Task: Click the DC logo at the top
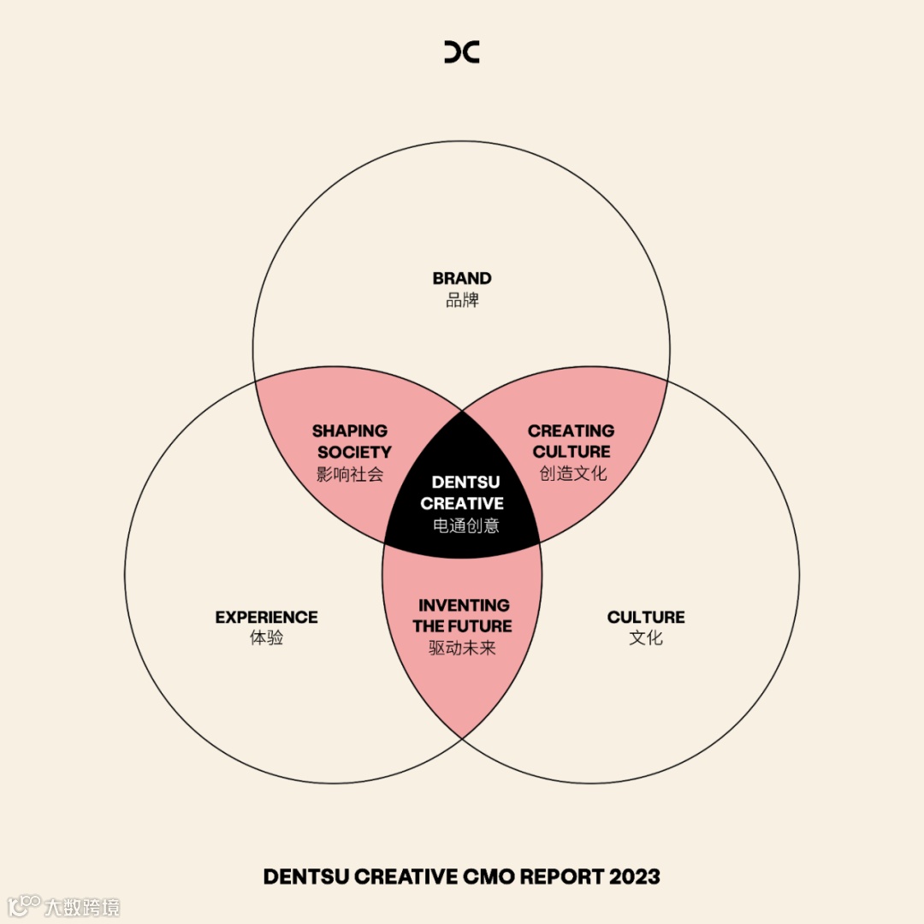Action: tap(462, 51)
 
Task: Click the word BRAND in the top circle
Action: tap(462, 278)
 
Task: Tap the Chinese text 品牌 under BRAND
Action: tap(462, 300)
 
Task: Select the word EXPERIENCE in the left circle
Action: tap(266, 617)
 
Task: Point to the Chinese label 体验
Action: tap(266, 638)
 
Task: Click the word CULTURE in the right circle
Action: tap(646, 617)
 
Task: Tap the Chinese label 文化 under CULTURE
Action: tap(646, 638)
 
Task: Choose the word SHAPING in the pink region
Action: tap(350, 430)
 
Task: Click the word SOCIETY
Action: tap(354, 452)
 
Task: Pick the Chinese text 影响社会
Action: tap(350, 474)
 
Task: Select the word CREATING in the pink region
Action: tap(571, 430)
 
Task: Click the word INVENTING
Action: tap(464, 605)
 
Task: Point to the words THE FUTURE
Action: tap(462, 626)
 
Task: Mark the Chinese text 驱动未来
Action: tap(462, 648)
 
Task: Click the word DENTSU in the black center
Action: tap(465, 483)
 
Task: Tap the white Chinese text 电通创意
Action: tap(465, 525)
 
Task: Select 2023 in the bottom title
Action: tap(635, 877)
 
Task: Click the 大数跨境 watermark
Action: tap(82, 906)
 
